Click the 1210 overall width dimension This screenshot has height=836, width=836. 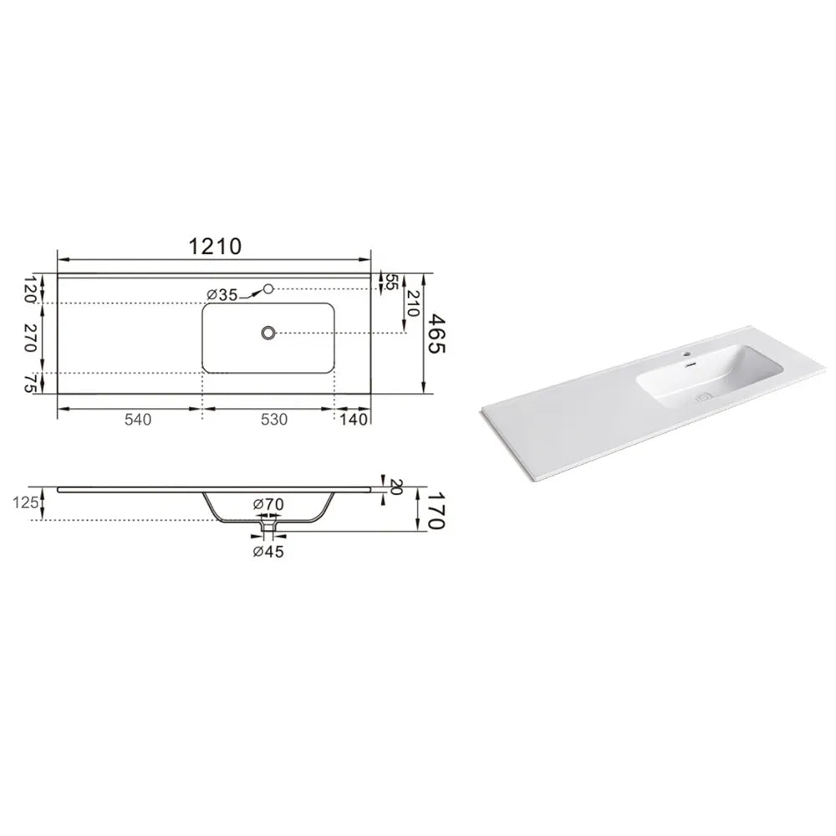click(x=215, y=247)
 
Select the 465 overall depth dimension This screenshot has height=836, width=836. click(x=436, y=334)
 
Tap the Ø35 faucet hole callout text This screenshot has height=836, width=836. click(x=222, y=295)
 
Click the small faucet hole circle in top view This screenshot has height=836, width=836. click(x=268, y=288)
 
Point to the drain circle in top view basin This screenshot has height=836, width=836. click(x=268, y=334)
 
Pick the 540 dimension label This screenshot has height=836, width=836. click(x=138, y=420)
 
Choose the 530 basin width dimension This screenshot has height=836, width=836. click(x=274, y=420)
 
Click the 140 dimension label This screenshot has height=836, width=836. click(x=354, y=420)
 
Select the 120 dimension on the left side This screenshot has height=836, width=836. click(x=29, y=288)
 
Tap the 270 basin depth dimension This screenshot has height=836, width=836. click(x=29, y=338)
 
